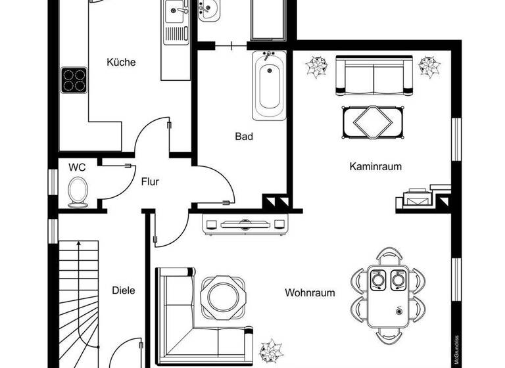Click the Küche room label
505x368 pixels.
pos(121,62)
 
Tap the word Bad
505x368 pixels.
pos(244,137)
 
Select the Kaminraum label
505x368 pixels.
pos(375,167)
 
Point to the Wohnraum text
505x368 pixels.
pos(310,293)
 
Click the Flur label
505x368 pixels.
pos(150,182)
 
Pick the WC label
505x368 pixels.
pos(77,167)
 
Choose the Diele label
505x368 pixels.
pos(124,290)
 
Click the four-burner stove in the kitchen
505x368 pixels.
pos(75,80)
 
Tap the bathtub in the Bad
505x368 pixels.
pos(269,86)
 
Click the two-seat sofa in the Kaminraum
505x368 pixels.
pos(373,76)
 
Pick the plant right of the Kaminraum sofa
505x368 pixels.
pos(430,67)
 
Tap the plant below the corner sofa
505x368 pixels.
pos(270,350)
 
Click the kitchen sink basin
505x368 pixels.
pos(176,11)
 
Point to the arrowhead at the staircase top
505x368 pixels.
pos(79,244)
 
